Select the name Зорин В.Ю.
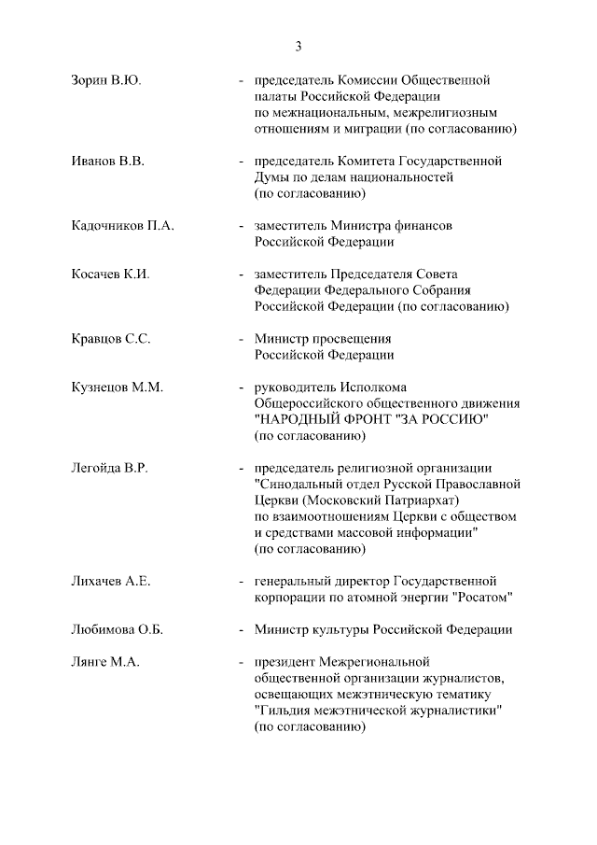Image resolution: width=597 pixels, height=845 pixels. click(x=106, y=80)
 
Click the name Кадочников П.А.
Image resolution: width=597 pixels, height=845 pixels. click(x=123, y=226)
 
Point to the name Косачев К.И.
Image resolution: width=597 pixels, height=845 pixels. click(x=111, y=274)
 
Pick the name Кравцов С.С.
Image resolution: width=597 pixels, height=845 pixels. click(x=111, y=338)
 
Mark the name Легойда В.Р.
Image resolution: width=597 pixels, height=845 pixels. click(x=110, y=467)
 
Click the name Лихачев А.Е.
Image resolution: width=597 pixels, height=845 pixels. click(x=111, y=581)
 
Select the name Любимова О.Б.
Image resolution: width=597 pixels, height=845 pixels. click(x=118, y=629)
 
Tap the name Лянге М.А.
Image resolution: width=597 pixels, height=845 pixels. click(x=105, y=662)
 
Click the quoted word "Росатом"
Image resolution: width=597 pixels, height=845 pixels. click(x=481, y=598)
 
